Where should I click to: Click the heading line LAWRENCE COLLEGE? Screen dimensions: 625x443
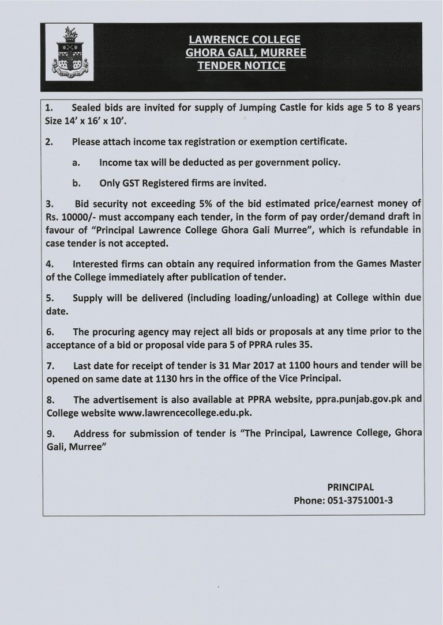[245, 40]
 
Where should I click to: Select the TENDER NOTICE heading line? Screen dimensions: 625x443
[241, 66]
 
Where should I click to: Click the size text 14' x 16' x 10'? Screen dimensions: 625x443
[102, 122]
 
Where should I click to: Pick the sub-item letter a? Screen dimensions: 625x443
[76, 162]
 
